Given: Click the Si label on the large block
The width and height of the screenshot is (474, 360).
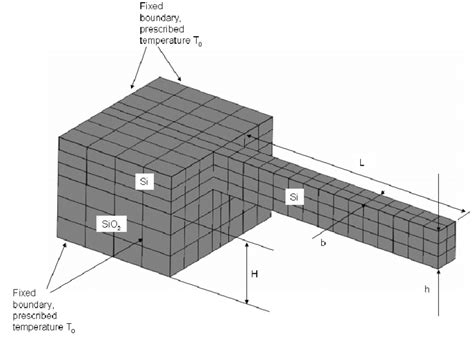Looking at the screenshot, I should point(146,180).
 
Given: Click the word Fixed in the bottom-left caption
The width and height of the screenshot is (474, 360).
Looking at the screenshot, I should point(23,292).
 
